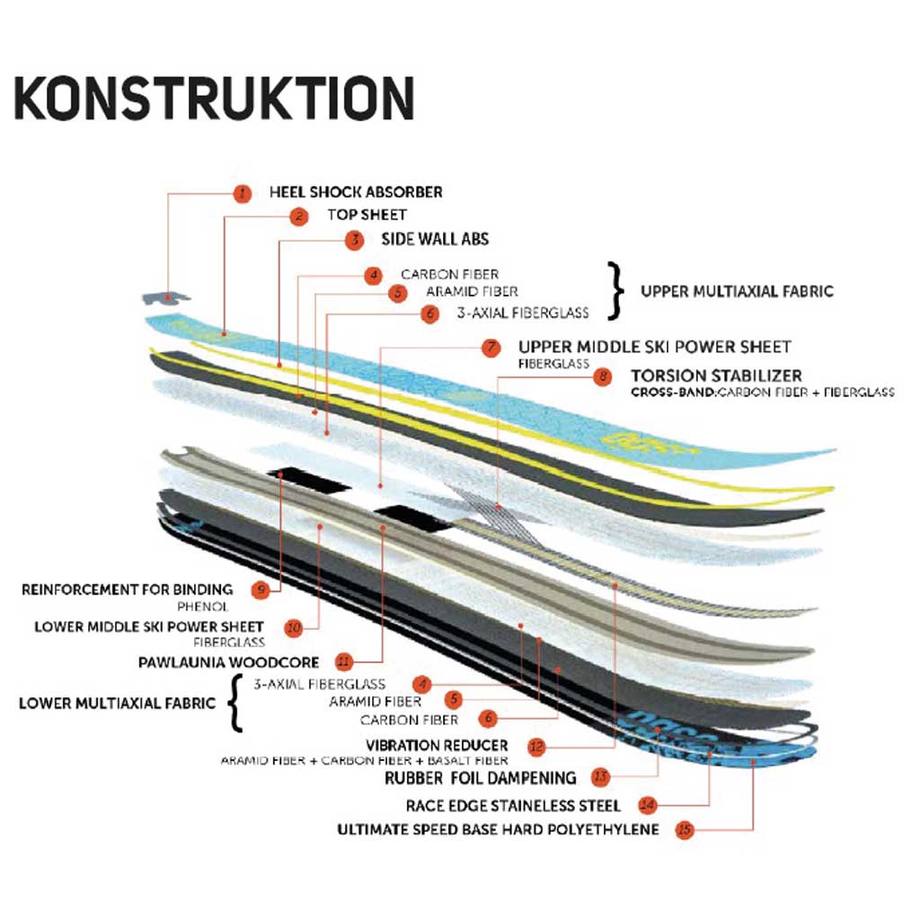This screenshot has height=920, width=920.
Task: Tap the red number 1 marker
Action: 241,192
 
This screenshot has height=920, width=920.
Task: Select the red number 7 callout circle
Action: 491,348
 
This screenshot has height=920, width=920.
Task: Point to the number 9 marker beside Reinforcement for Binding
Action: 261,590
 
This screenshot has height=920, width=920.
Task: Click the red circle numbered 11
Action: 342,662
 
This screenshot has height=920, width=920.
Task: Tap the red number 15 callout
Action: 685,829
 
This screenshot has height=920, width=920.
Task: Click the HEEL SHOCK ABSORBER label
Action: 356,192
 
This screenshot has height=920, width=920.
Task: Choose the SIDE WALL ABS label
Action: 422,240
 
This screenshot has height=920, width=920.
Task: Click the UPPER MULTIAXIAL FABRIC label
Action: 737,291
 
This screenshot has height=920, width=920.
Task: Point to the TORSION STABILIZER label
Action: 716,376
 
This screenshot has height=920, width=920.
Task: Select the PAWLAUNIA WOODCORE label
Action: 228,662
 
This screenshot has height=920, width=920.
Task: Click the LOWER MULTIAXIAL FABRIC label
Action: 117,703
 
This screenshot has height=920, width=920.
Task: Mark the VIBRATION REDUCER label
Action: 437,745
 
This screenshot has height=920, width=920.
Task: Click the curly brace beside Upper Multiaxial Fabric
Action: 615,291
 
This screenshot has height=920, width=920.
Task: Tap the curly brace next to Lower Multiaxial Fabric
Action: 235,703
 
